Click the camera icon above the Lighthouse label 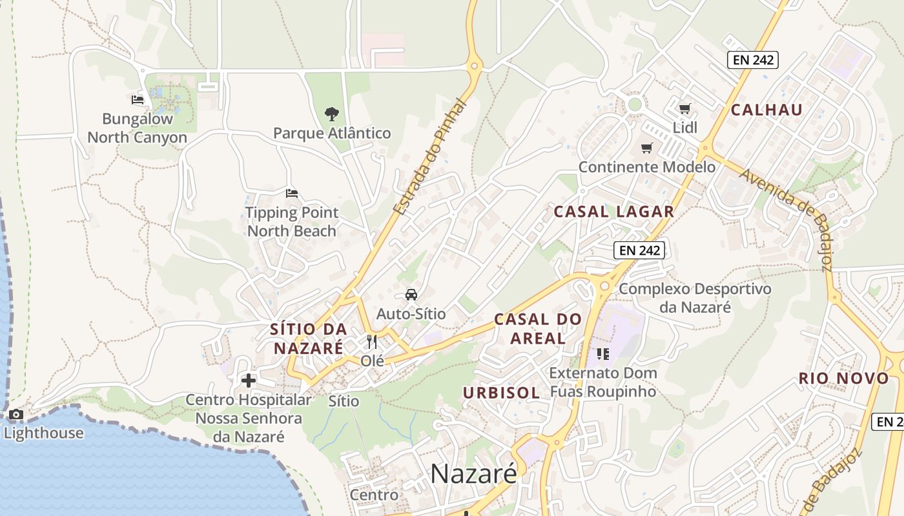[x=15, y=415]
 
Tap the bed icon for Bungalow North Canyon [x=138, y=99]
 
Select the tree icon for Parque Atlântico [x=332, y=115]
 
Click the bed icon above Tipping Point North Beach [x=292, y=193]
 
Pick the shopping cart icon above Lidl [x=685, y=108]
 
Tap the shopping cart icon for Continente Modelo [x=647, y=148]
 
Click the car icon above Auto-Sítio [x=411, y=295]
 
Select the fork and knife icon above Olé [x=372, y=342]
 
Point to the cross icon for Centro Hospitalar [x=249, y=381]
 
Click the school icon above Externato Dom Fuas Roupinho [x=603, y=353]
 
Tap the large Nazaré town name [x=473, y=474]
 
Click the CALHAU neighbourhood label [x=766, y=110]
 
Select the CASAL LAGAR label [x=614, y=212]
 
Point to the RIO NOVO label [x=843, y=379]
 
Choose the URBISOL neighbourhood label [x=501, y=393]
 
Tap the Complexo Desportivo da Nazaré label [x=695, y=297]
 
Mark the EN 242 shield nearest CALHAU [x=753, y=61]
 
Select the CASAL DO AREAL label [x=538, y=328]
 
